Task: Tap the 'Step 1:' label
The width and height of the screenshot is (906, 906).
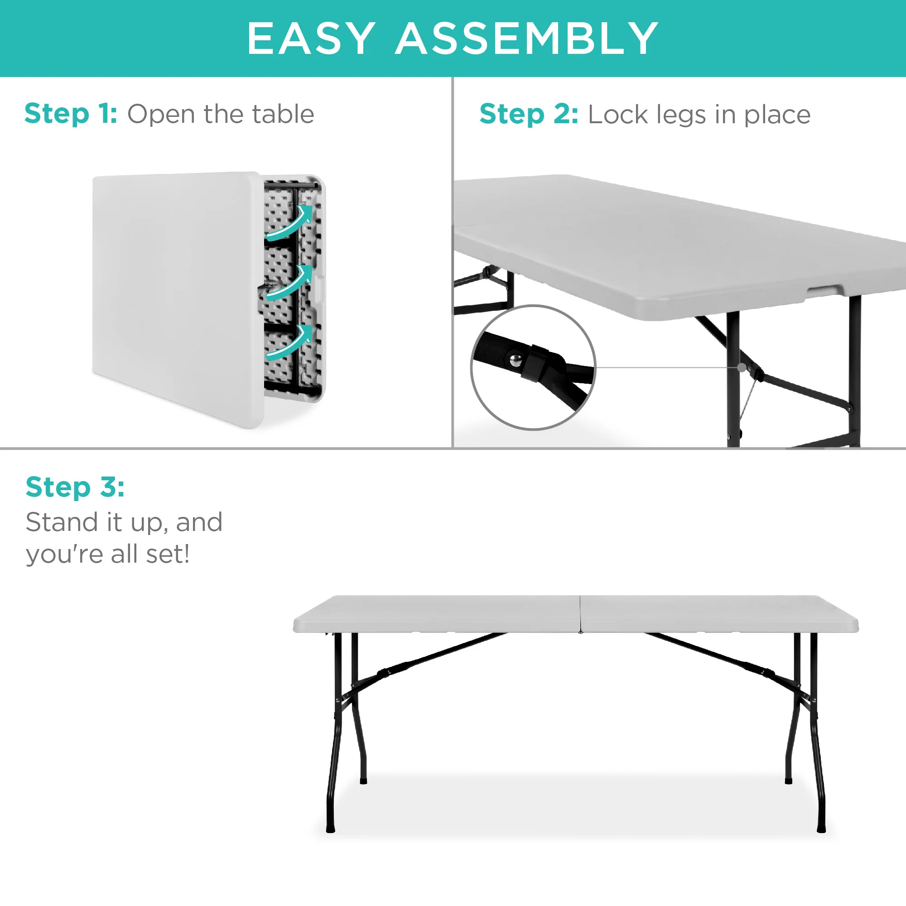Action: (71, 114)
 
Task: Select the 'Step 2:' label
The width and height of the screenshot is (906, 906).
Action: (529, 115)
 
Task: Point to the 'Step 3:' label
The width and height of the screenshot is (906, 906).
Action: (75, 487)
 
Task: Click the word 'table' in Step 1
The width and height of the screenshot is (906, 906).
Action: (283, 114)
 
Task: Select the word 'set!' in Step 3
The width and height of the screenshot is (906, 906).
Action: (168, 554)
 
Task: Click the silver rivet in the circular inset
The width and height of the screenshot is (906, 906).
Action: (516, 360)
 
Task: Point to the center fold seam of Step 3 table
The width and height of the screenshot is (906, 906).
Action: (580, 614)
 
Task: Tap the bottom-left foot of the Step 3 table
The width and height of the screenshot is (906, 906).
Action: (331, 829)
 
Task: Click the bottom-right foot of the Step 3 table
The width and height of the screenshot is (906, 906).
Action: (821, 829)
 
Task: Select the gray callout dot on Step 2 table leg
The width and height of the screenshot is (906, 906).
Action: (742, 367)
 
